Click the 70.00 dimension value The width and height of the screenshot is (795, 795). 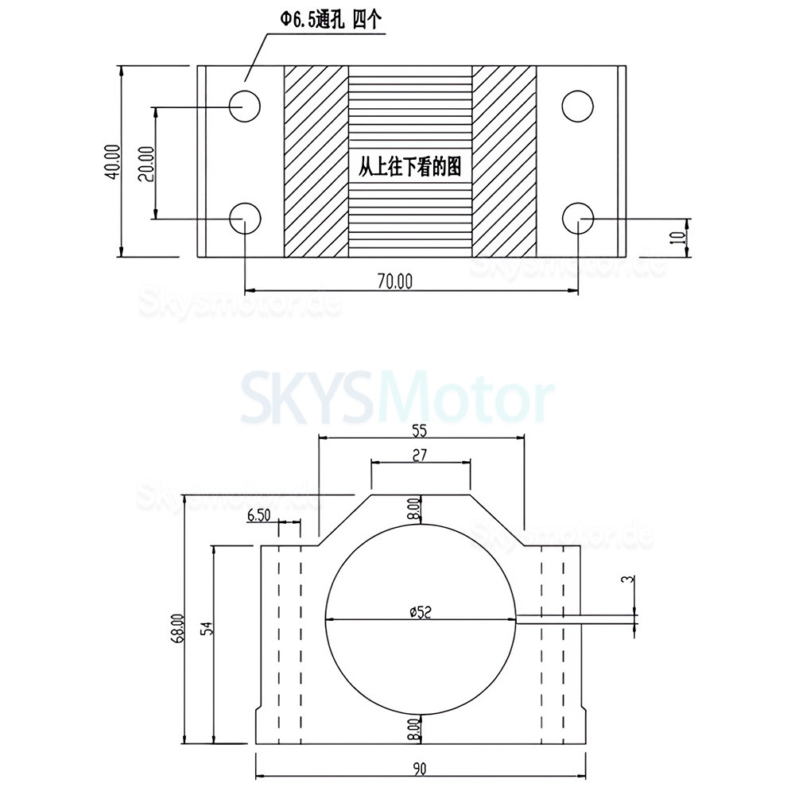[x=395, y=280]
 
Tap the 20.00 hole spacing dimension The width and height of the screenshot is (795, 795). [x=145, y=163]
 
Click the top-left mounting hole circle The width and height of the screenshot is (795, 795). [x=245, y=104]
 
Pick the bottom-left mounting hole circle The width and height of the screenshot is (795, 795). [x=245, y=216]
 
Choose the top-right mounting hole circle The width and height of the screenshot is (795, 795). [x=577, y=104]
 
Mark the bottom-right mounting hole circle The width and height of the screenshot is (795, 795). [x=577, y=216]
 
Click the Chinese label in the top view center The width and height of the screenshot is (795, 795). [x=410, y=167]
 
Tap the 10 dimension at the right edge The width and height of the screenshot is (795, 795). [x=677, y=238]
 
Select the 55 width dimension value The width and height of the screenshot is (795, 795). [x=420, y=431]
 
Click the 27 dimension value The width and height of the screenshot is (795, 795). [x=421, y=455]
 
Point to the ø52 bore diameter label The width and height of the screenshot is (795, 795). [x=421, y=611]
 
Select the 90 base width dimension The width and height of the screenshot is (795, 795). [x=421, y=768]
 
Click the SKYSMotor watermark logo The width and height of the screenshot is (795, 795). [x=397, y=400]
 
